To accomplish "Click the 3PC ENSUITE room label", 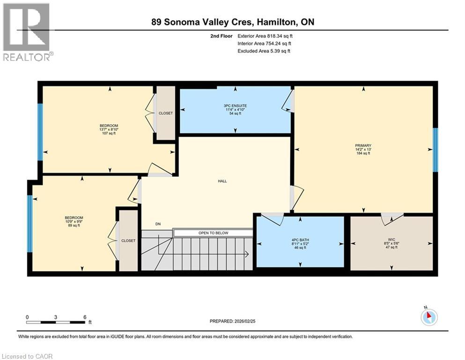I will pos(235,106).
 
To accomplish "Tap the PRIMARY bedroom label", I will pos(363,145).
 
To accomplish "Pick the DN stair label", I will pos(158,224).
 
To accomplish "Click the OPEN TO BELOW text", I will pos(213,233).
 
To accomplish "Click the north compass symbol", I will pos(429,317).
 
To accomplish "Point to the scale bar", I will pos(56,322).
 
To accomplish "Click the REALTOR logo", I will pos(28,32).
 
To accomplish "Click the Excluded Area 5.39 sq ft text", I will pos(264,51).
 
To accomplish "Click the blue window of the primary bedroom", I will pos(435,150).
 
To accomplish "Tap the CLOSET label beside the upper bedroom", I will pos(165,113).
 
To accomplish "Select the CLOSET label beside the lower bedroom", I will pos(128,240).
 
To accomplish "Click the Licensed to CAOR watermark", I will pos(28,356).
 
